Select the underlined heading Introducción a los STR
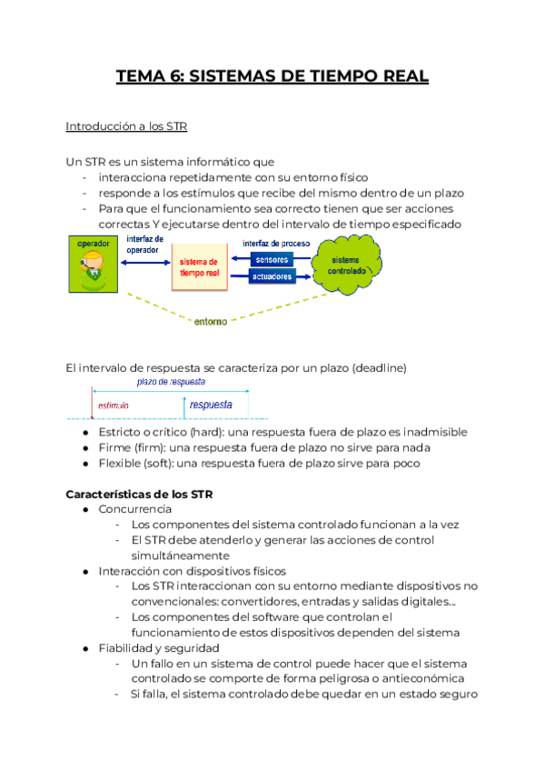(126, 125)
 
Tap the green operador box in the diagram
(91, 265)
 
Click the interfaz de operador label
(145, 244)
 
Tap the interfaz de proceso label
(276, 243)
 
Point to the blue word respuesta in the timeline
(211, 404)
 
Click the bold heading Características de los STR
(140, 494)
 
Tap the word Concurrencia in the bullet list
(135, 509)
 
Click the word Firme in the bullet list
(116, 447)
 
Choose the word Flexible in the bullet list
(122, 463)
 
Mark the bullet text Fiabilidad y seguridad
(159, 648)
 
